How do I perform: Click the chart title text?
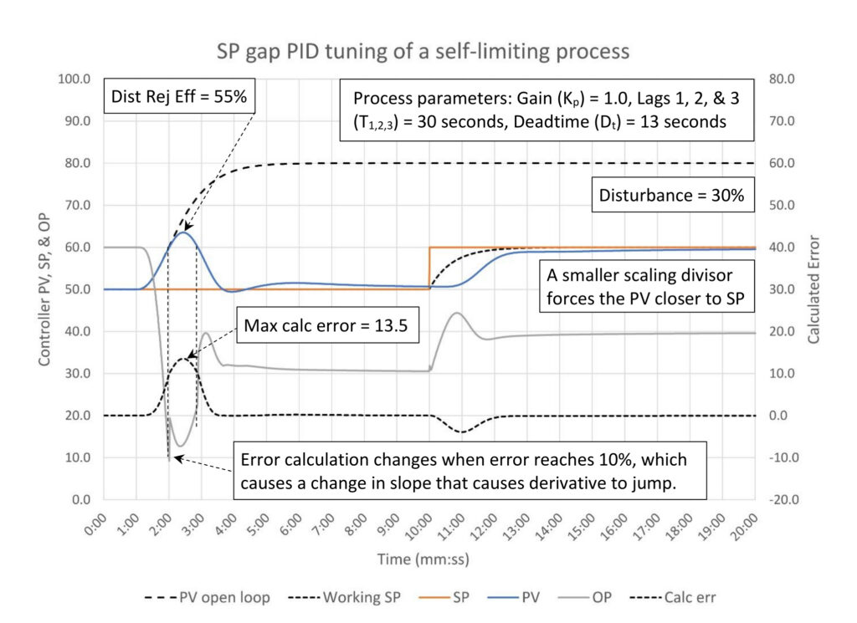click(x=423, y=51)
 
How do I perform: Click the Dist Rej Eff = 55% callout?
click(x=179, y=97)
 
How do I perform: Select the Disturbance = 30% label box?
click(x=672, y=195)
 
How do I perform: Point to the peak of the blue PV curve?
click(x=184, y=232)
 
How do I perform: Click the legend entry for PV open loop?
click(x=208, y=597)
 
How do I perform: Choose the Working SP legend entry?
click(x=344, y=597)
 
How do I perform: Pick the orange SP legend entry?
click(x=444, y=597)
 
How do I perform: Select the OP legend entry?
click(x=585, y=597)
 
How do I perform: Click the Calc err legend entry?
click(x=673, y=597)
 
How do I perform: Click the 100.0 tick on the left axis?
click(x=74, y=79)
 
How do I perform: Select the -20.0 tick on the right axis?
click(x=783, y=499)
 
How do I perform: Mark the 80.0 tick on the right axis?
click(x=783, y=79)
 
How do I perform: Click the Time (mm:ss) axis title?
click(x=423, y=559)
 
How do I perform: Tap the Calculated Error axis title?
click(x=813, y=289)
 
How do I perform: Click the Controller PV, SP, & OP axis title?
click(x=44, y=289)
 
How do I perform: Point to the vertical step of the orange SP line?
click(x=429, y=268)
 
